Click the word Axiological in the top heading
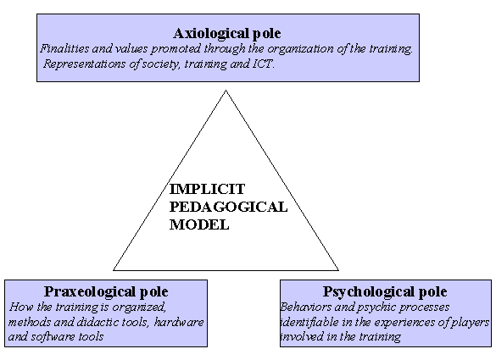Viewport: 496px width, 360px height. (211, 34)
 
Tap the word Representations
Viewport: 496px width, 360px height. (84, 64)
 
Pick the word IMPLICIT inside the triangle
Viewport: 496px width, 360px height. (207, 190)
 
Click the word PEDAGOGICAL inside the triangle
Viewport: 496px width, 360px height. (228, 207)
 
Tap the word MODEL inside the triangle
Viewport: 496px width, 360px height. (199, 224)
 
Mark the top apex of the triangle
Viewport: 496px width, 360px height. (226, 91)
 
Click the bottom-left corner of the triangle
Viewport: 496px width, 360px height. (114, 270)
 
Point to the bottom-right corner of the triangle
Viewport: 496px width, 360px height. (338, 270)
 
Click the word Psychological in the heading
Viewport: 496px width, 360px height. (369, 292)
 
